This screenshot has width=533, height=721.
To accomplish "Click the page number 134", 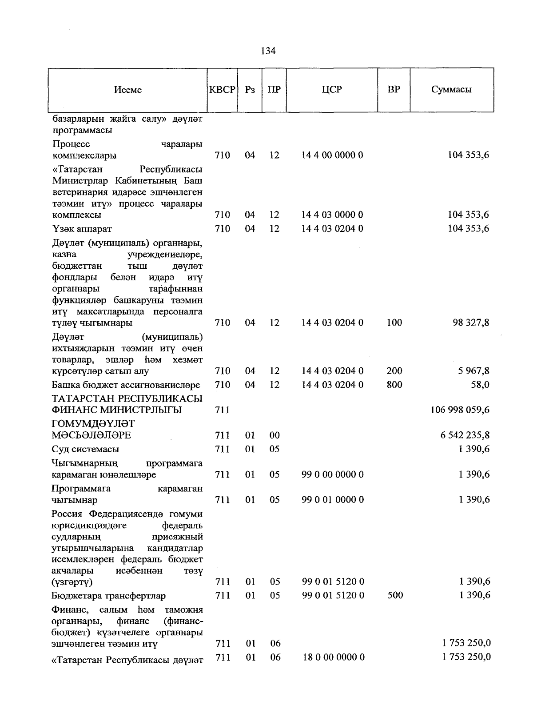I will tap(268, 51).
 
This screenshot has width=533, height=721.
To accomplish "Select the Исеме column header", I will tap(128, 90).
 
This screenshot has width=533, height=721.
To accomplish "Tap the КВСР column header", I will tap(222, 89).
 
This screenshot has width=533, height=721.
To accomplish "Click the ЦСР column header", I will tap(332, 89).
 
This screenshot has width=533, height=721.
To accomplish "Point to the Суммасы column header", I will tap(451, 89).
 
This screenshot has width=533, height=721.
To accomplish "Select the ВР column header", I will tap(394, 89).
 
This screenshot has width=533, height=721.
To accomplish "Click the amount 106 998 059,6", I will tap(460, 410).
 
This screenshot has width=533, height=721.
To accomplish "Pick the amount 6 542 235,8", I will tap(465, 435).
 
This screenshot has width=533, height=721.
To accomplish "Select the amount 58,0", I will tap(480, 384).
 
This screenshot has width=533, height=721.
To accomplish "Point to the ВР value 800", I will tap(394, 384).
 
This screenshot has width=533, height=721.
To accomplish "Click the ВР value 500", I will tap(395, 595).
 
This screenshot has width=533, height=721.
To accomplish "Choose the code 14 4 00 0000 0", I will tap(332, 155).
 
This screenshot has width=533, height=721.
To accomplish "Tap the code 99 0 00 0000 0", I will tap(332, 474).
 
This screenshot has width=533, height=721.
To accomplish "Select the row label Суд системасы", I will tap(85, 449).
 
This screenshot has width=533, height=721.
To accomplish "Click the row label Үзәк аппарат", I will tap(82, 229).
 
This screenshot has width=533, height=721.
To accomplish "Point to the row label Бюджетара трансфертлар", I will tap(108, 595).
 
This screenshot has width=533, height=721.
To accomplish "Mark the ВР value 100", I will tap(394, 323).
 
